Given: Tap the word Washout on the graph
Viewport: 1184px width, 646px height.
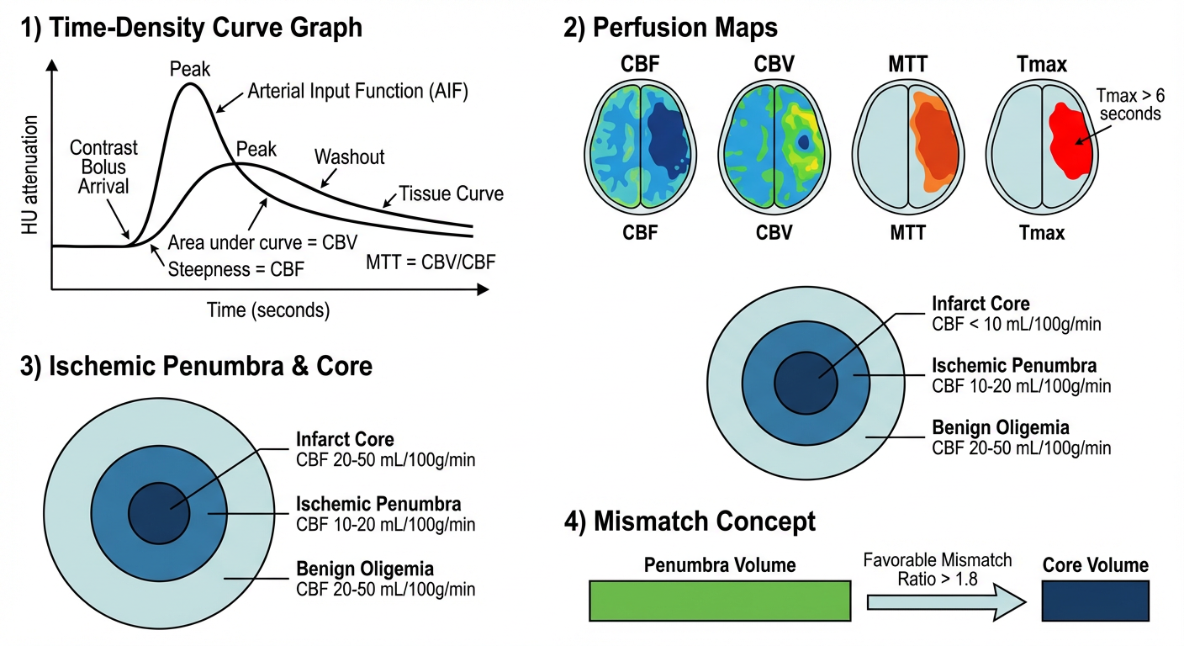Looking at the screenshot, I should (x=350, y=157).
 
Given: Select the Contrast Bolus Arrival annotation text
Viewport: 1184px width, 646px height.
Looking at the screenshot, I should (x=103, y=167).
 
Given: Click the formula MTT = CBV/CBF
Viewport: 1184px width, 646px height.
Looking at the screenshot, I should (x=431, y=262).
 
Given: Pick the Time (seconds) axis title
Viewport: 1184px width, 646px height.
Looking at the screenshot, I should (x=269, y=310).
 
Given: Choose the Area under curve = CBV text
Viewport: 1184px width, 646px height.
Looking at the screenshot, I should (x=252, y=244).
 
